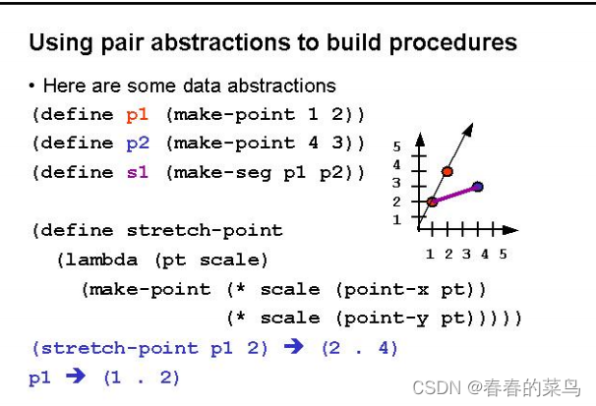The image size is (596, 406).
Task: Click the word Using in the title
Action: [x=57, y=43]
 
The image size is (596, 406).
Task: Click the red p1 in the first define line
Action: [x=137, y=114]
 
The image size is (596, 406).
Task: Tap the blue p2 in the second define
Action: [x=137, y=143]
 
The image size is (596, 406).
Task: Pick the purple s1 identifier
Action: [x=137, y=172]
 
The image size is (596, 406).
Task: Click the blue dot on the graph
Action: [x=477, y=186]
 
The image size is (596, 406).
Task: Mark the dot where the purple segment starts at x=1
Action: [x=432, y=202]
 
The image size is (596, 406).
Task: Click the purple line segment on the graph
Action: [x=455, y=194]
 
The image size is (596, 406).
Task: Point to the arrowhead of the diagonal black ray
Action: [x=471, y=128]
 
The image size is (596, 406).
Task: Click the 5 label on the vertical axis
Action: [x=396, y=146]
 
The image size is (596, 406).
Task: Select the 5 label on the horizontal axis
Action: [x=503, y=254]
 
